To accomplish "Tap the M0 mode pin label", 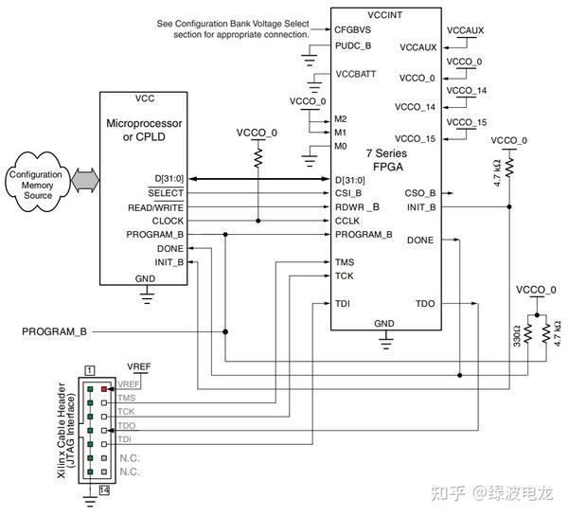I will point(341,147).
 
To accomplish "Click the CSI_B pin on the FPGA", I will point(349,193).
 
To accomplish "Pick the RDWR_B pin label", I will point(357,206).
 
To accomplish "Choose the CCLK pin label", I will point(347,221).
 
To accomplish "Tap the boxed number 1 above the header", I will point(89,368).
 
